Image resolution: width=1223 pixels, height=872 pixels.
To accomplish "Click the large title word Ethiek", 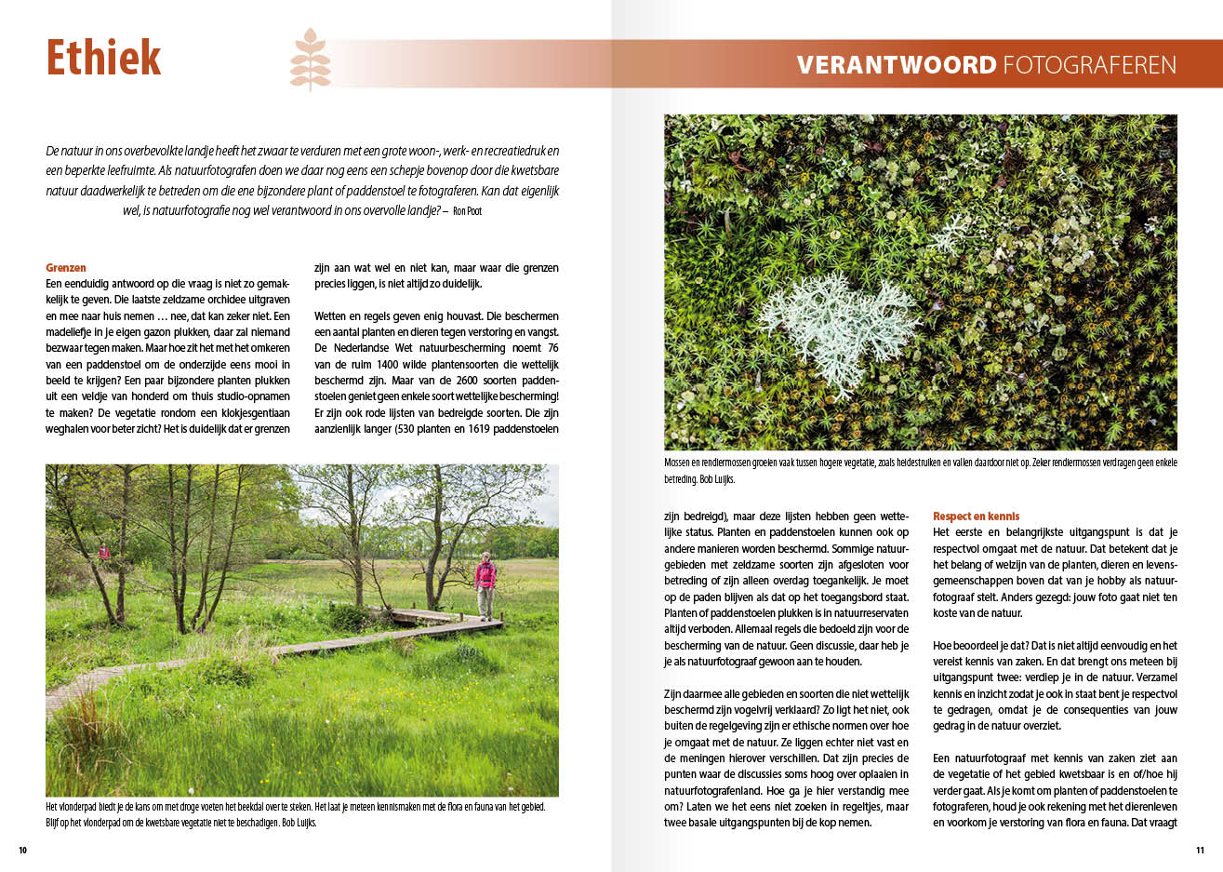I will [103, 58].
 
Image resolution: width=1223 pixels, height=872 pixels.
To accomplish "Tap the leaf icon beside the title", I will [310, 60].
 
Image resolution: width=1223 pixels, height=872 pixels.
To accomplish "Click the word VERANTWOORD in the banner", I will [896, 65].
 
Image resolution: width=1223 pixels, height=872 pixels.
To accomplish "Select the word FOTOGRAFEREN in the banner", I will [1089, 65].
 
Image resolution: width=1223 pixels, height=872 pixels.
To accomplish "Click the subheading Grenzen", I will [66, 268].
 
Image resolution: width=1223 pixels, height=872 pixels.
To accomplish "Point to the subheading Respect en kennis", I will [976, 516].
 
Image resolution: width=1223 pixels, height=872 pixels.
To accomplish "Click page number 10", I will [22, 850].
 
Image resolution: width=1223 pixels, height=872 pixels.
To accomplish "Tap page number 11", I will [1200, 850].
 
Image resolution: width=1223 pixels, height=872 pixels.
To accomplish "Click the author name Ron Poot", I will [467, 211].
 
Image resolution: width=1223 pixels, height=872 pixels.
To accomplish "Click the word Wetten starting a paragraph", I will [332, 316].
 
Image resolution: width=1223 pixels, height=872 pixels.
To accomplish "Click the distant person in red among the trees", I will [104, 553].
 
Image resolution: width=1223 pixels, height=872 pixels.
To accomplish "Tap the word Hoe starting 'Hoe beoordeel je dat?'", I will [943, 645].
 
